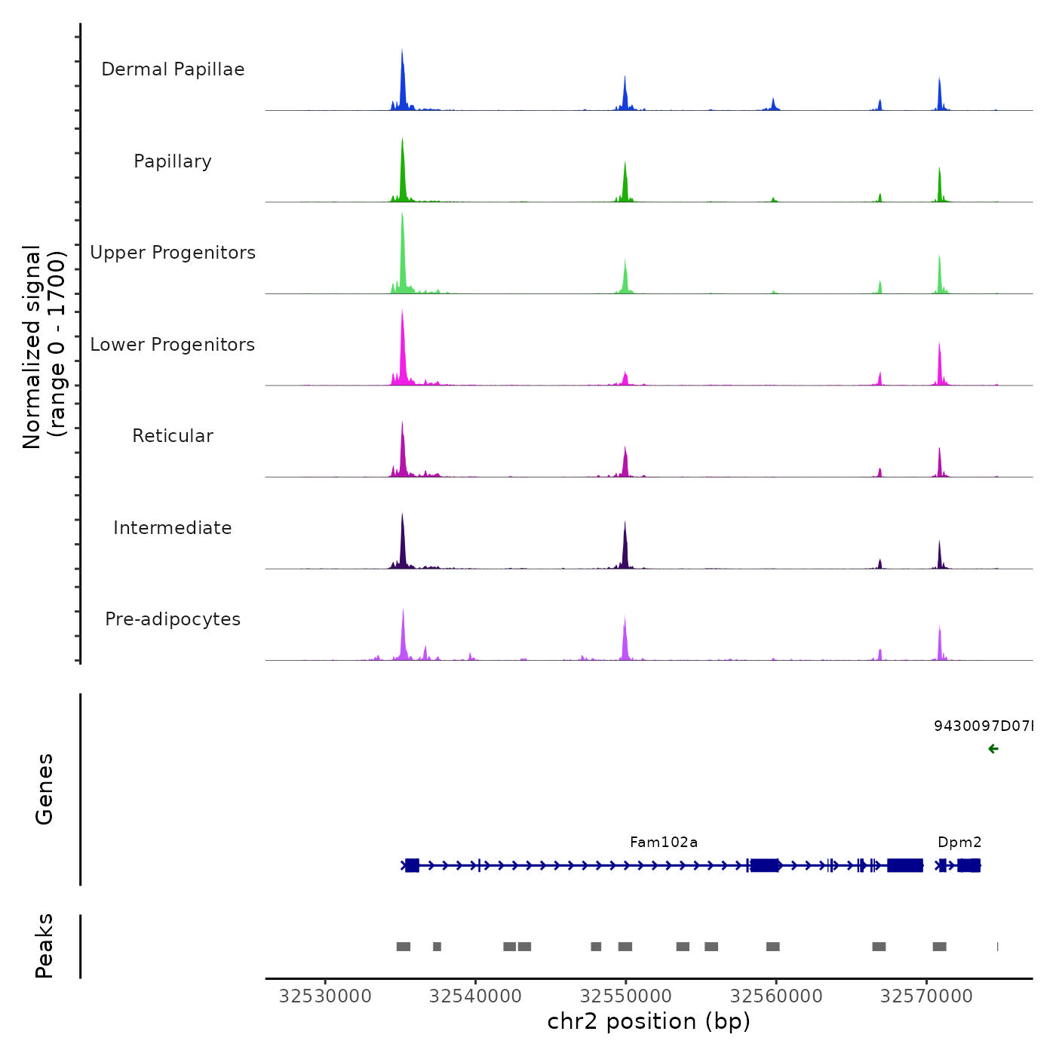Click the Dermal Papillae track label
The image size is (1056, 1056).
173,69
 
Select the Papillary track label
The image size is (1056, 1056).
173,161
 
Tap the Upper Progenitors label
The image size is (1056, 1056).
173,253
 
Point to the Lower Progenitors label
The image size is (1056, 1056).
173,345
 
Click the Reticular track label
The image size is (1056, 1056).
173,436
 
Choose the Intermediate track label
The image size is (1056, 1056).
173,528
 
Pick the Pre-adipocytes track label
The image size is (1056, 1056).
173,619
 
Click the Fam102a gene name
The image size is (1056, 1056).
664,842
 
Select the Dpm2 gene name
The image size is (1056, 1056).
959,842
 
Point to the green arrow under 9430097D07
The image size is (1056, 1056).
993,749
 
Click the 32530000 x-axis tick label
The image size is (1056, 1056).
325,996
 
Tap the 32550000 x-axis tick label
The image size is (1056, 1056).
626,996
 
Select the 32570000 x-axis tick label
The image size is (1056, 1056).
926,996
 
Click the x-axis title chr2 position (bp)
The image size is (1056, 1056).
649,1021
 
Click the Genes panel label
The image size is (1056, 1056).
44,789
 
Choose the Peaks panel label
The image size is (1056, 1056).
44,946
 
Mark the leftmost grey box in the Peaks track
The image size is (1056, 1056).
404,947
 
